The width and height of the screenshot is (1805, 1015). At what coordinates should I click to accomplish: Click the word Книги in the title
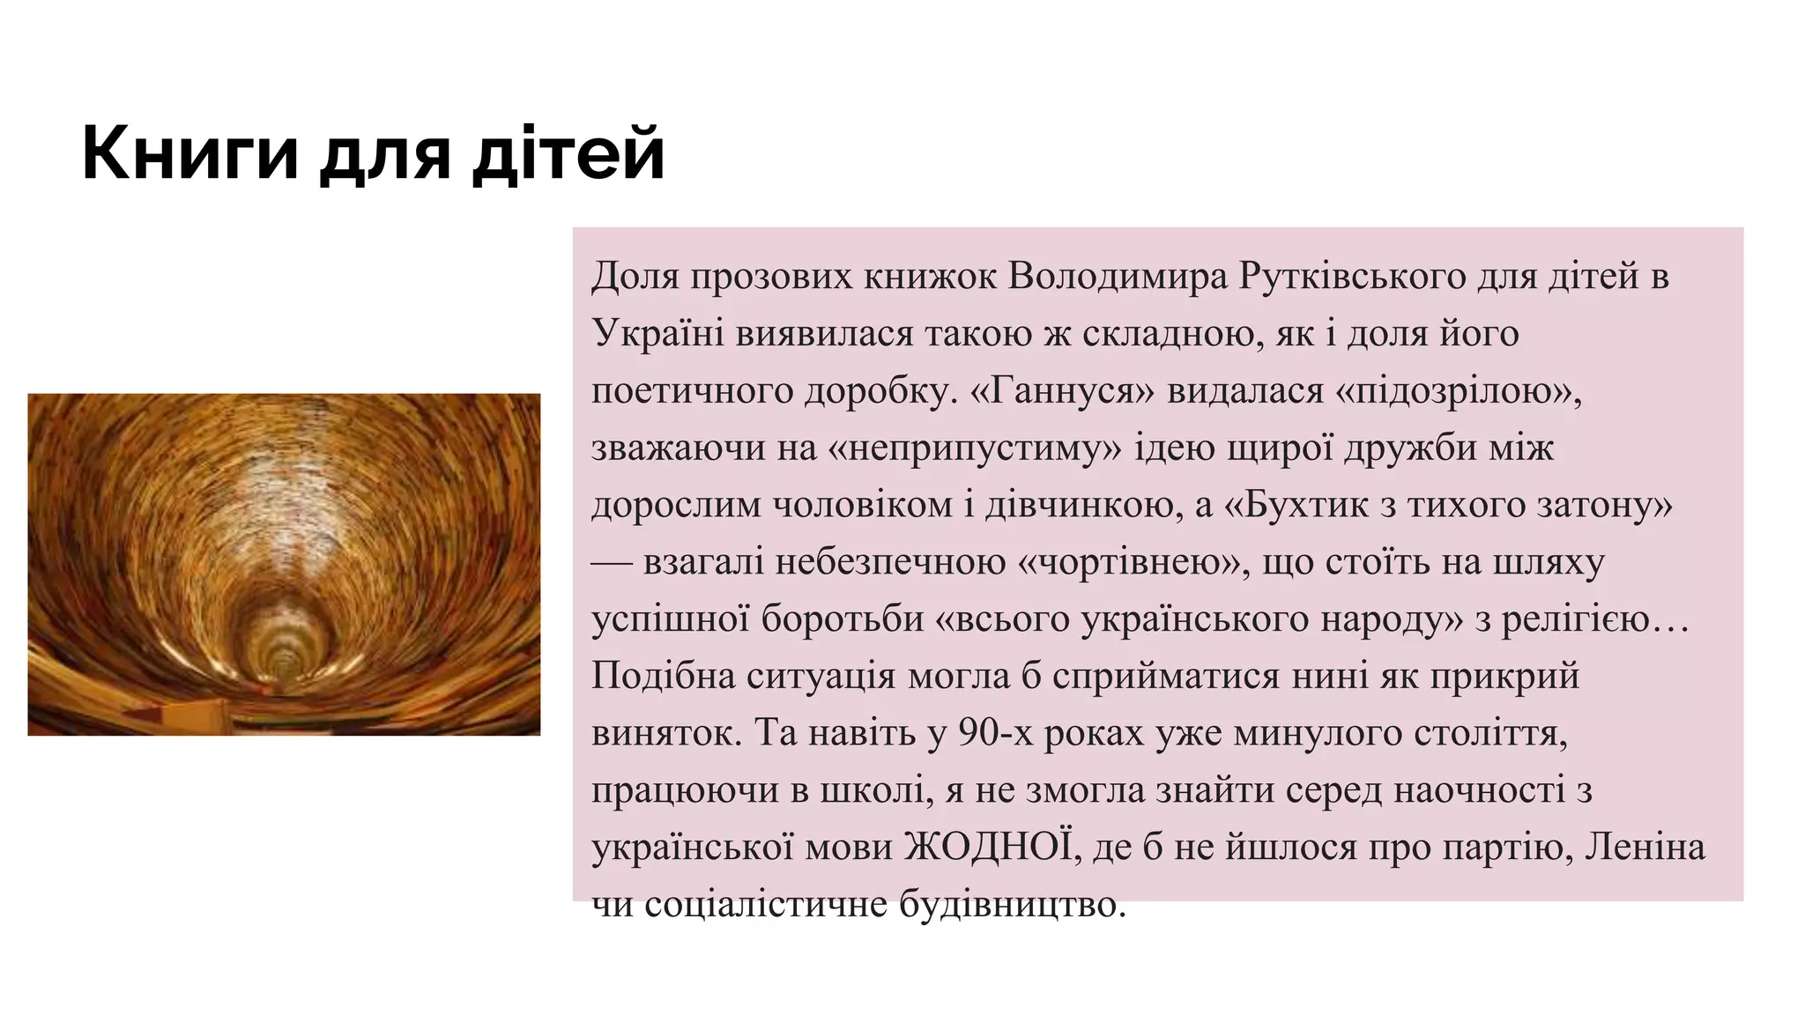click(x=189, y=154)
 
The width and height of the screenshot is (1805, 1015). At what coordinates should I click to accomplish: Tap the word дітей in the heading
click(x=568, y=154)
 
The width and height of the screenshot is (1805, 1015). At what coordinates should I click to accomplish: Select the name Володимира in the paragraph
click(x=1118, y=277)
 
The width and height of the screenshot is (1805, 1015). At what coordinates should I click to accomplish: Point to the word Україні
click(x=657, y=334)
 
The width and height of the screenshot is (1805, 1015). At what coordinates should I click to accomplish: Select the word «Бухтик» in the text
click(x=1297, y=505)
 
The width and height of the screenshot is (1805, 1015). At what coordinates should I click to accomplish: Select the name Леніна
click(x=1645, y=848)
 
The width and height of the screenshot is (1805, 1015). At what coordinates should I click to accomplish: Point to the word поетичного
click(x=692, y=390)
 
